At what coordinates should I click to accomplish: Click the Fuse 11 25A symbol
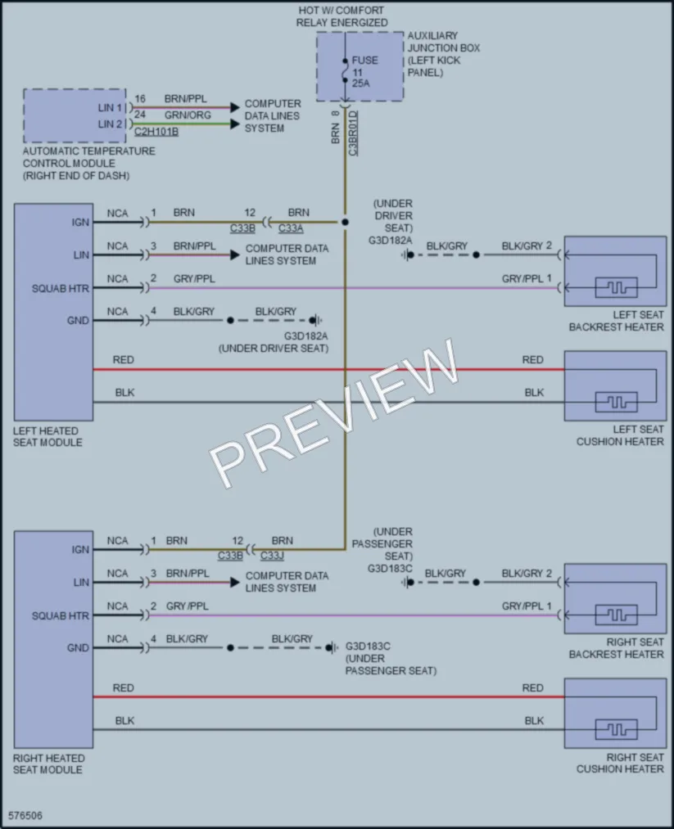[x=345, y=70]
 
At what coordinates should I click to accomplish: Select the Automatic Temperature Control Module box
[x=75, y=115]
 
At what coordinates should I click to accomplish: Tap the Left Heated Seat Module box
[x=53, y=312]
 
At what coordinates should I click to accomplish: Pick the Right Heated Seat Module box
[x=53, y=639]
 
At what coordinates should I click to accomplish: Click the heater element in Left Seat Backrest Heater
[x=617, y=287]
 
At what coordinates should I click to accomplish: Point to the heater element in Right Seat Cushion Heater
[x=617, y=730]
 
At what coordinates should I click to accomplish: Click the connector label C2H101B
[x=156, y=131]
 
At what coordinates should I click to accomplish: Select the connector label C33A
[x=291, y=228]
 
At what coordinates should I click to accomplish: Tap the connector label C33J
[x=273, y=556]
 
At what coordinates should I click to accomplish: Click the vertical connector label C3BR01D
[x=353, y=133]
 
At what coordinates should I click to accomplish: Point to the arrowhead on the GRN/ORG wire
[x=235, y=124]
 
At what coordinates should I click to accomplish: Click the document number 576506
[x=25, y=816]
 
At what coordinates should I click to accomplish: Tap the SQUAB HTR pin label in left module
[x=61, y=289]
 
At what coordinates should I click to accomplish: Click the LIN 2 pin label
[x=110, y=124]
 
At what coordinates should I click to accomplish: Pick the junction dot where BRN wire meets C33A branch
[x=345, y=222]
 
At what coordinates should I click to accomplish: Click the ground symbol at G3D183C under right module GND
[x=332, y=647]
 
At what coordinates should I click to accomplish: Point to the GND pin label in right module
[x=78, y=647]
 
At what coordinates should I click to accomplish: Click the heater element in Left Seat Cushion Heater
[x=617, y=403]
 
